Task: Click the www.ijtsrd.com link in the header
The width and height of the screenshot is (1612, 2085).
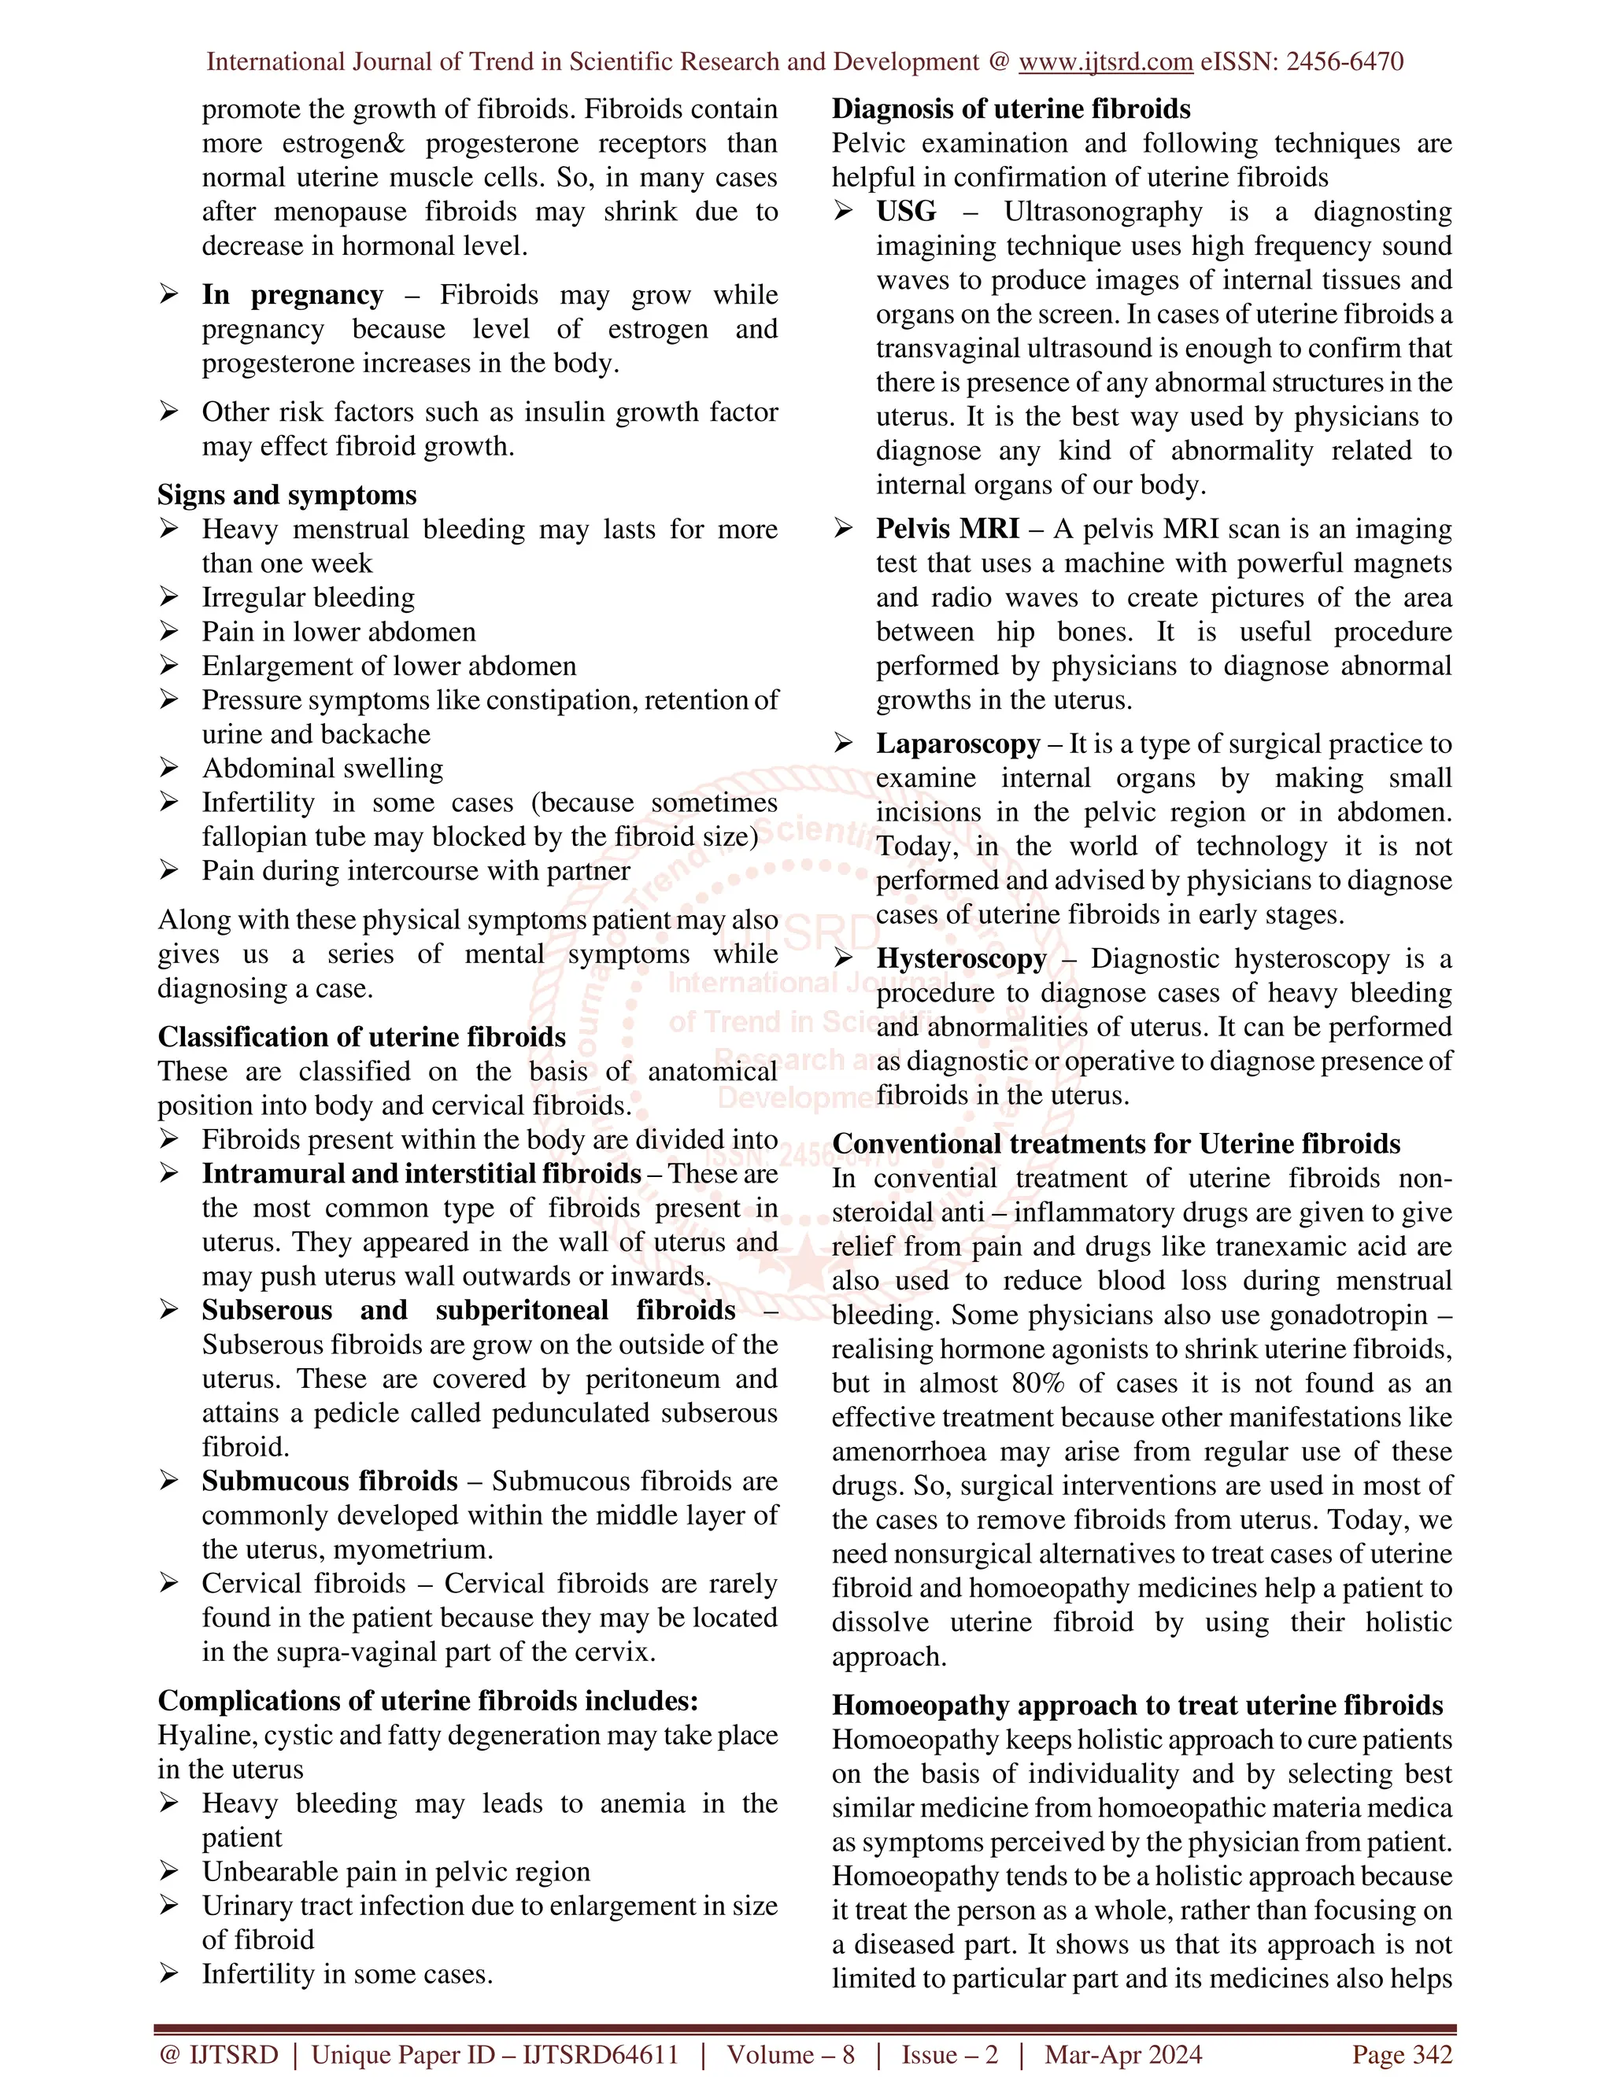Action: [x=1105, y=62]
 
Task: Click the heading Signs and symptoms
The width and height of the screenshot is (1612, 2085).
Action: [x=287, y=495]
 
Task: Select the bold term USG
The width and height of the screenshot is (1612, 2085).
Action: [x=906, y=211]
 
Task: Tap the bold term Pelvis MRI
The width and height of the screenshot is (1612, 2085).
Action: [x=946, y=528]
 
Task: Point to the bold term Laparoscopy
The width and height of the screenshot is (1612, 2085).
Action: [x=958, y=743]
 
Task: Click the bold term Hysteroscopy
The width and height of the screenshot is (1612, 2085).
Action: [x=962, y=958]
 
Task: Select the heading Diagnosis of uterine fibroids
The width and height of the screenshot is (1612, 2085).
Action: [x=1011, y=109]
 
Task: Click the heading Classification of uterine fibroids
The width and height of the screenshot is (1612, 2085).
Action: [x=361, y=1037]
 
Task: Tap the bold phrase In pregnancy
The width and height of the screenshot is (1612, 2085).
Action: [x=292, y=294]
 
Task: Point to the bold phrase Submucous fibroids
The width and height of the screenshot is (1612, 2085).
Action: [x=330, y=1481]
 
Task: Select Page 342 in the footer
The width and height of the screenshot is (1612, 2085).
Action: [x=1401, y=2054]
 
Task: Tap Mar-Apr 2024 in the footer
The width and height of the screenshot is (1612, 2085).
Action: [x=1123, y=2054]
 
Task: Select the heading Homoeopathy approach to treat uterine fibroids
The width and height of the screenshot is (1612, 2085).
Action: [x=1137, y=1705]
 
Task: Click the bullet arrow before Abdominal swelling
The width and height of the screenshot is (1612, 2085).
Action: [x=169, y=769]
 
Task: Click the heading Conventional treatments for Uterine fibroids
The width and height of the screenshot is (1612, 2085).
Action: [x=1115, y=1144]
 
